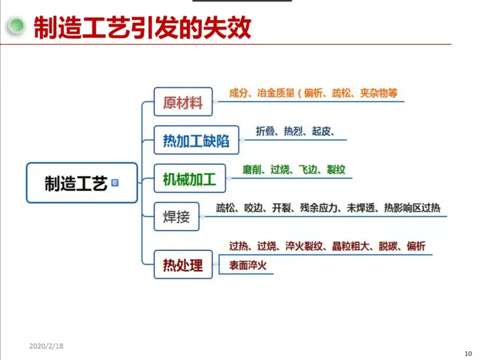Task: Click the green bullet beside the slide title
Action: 15,26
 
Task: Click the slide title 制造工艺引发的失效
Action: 142,28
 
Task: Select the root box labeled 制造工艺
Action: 82,183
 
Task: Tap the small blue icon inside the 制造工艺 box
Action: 115,183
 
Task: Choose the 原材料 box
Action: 183,102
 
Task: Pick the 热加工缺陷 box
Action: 196,140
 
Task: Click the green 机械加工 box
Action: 190,178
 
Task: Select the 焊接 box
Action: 176,216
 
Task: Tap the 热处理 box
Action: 183,265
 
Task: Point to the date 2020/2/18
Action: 46,346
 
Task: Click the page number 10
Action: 468,354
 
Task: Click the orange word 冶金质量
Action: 276,93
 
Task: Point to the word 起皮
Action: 321,131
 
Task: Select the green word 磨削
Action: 252,169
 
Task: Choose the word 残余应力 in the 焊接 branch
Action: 319,208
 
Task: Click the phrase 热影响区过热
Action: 412,208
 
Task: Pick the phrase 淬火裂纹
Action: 304,246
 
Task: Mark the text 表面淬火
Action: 248,265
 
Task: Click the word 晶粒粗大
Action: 351,246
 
